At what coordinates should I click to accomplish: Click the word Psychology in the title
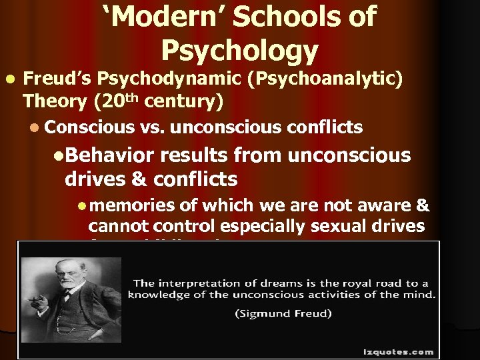(x=239, y=51)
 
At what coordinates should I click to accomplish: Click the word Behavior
(x=109, y=155)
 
